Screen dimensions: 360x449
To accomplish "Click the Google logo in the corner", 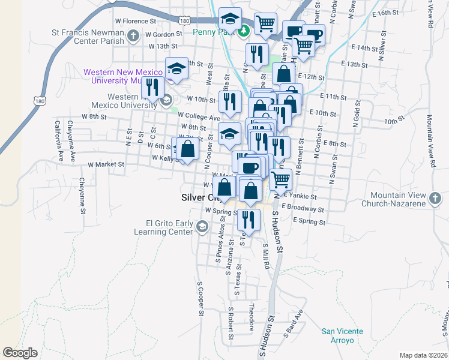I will tap(20, 353).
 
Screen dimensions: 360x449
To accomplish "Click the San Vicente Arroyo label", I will tap(342, 335).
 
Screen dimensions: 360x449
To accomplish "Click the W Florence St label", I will tap(136, 21).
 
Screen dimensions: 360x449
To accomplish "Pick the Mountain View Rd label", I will tap(431, 141).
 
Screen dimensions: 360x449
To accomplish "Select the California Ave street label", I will tap(59, 142).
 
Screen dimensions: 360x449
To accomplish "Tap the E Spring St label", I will tap(309, 221).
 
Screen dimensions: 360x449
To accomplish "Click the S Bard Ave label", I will tap(294, 324).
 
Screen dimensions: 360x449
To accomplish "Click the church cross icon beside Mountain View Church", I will tap(435, 197).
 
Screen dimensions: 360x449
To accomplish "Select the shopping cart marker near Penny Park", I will tap(265, 25).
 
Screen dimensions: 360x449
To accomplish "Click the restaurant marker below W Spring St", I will tap(249, 220).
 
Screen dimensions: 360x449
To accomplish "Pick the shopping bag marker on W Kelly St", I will tap(187, 149).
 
